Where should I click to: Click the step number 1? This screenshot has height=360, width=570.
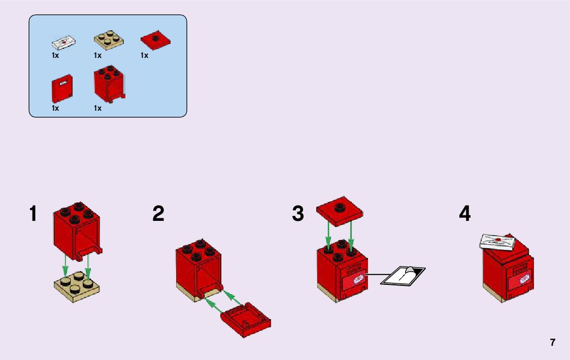pyautogui.click(x=33, y=213)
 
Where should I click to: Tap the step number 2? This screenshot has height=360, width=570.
pyautogui.click(x=158, y=213)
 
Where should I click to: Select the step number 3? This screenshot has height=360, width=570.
pyautogui.click(x=298, y=213)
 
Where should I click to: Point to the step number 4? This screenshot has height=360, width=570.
pyautogui.click(x=465, y=213)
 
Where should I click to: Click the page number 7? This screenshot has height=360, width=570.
pyautogui.click(x=553, y=343)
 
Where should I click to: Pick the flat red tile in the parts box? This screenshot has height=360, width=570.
pyautogui.click(x=156, y=40)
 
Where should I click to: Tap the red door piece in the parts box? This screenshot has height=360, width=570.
pyautogui.click(x=62, y=89)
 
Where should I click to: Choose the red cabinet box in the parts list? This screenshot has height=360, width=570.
pyautogui.click(x=109, y=84)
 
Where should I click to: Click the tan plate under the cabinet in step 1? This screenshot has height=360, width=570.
pyautogui.click(x=77, y=286)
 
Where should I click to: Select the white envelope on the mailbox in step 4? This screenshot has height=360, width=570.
pyautogui.click(x=497, y=242)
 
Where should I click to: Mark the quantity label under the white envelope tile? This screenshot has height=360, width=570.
pyautogui.click(x=55, y=56)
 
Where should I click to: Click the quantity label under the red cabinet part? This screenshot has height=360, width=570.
pyautogui.click(x=97, y=108)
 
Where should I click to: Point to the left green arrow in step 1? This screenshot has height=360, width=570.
pyautogui.click(x=65, y=265)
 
